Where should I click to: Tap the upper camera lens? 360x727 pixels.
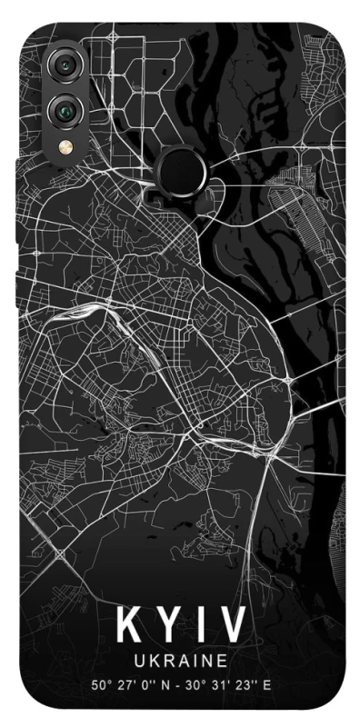[66, 66]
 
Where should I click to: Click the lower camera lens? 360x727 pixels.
[66, 111]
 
